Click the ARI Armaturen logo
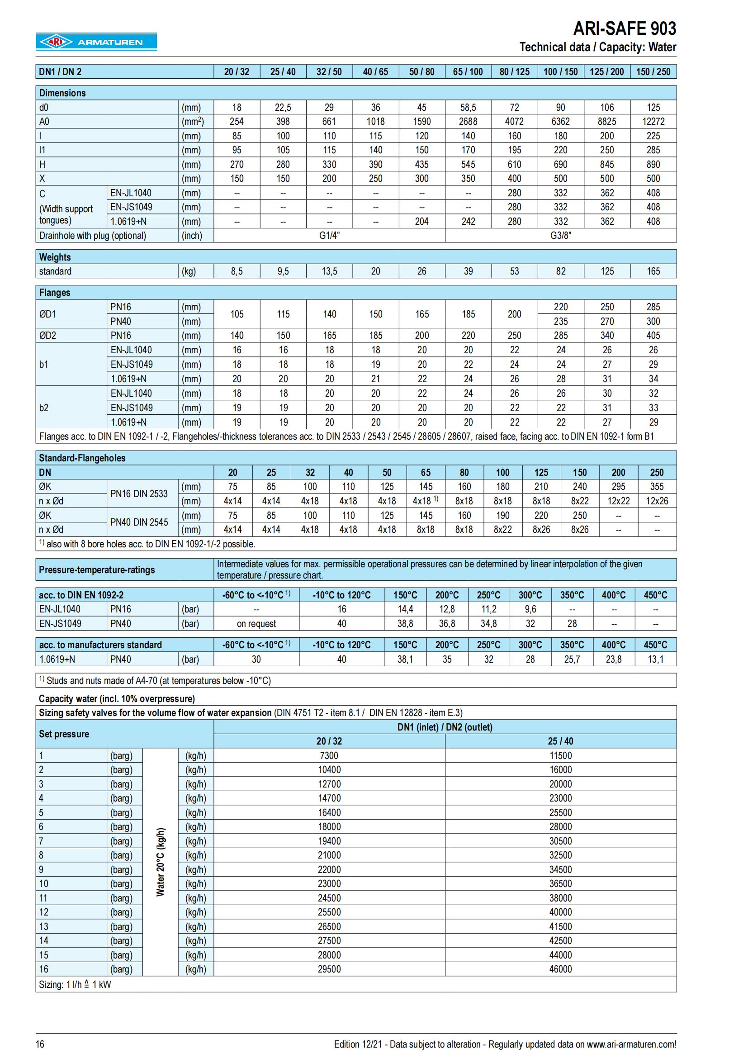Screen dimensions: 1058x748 click(x=96, y=42)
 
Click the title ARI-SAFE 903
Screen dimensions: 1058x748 click(x=624, y=29)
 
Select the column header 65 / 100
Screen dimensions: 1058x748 click(x=468, y=72)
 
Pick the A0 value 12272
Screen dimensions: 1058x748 click(x=653, y=122)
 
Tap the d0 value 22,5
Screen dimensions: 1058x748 click(x=283, y=107)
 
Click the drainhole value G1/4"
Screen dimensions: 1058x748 click(x=329, y=236)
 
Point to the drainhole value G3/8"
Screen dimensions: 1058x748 click(x=560, y=236)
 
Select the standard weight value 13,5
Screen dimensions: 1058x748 click(x=329, y=271)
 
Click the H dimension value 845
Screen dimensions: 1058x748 click(x=606, y=165)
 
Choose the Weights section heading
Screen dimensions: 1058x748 click(x=55, y=257)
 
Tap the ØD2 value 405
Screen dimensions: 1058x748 click(x=653, y=336)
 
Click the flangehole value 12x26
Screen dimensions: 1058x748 click(x=656, y=501)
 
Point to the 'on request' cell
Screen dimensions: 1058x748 click(x=256, y=623)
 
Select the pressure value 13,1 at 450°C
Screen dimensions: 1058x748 click(x=655, y=659)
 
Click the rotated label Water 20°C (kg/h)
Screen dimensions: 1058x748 click(x=160, y=862)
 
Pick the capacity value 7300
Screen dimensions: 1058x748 click(x=329, y=756)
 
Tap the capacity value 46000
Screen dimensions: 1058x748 click(x=560, y=969)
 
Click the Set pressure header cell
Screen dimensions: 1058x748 click(x=65, y=734)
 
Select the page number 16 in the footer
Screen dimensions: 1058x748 click(x=41, y=1044)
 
